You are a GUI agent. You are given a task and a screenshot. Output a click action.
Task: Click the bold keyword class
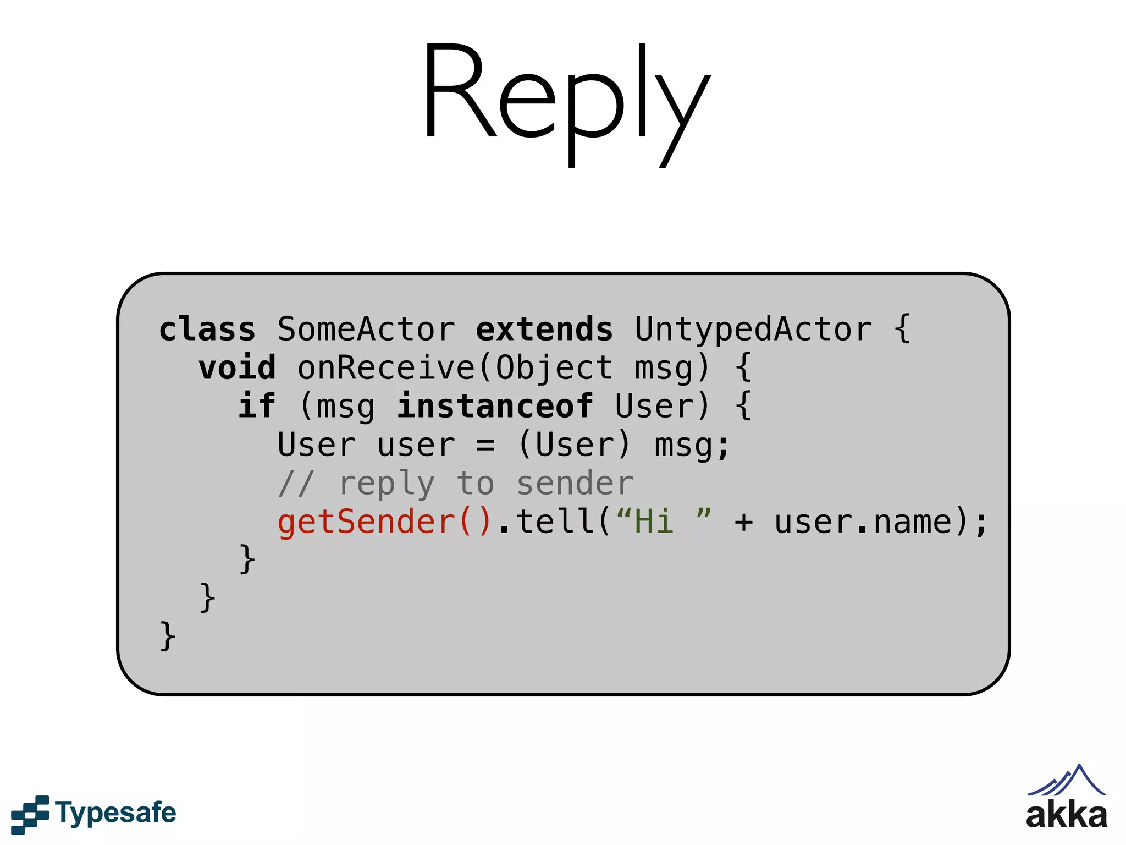click(x=207, y=330)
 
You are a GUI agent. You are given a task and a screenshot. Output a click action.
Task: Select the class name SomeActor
click(x=366, y=330)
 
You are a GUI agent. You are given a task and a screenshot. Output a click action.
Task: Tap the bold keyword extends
click(x=544, y=330)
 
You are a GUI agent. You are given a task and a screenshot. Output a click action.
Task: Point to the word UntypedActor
click(x=753, y=330)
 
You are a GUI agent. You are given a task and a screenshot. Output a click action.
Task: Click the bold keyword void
click(x=237, y=368)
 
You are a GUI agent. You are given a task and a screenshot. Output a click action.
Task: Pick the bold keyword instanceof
click(x=495, y=407)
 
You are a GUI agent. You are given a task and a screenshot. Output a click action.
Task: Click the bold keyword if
click(x=256, y=407)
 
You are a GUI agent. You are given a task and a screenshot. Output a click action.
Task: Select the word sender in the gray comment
click(x=575, y=484)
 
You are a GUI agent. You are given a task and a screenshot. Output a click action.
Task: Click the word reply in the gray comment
click(x=387, y=484)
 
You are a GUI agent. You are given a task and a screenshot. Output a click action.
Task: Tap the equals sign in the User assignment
click(x=485, y=445)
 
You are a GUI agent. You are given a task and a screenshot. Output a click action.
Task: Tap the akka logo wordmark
click(x=1066, y=816)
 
